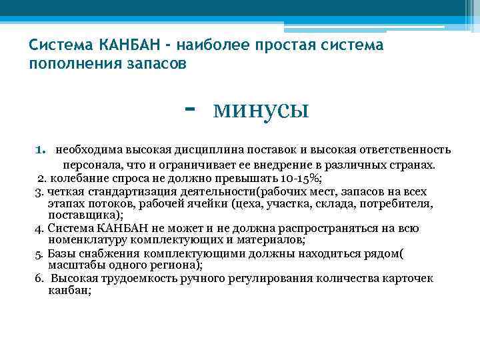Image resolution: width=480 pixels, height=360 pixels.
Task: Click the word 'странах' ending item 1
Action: click(412, 164)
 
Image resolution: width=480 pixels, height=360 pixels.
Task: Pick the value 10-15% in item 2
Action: click(301, 178)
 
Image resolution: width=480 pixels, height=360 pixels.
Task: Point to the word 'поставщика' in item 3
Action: click(84, 215)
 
